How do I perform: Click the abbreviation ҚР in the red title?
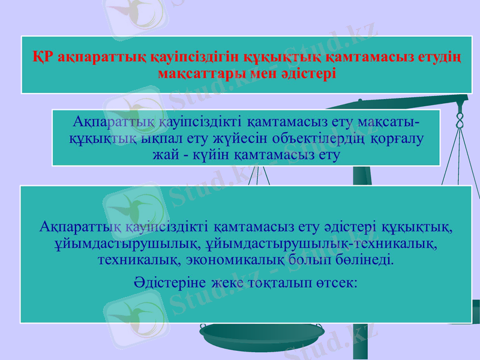(43, 58)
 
